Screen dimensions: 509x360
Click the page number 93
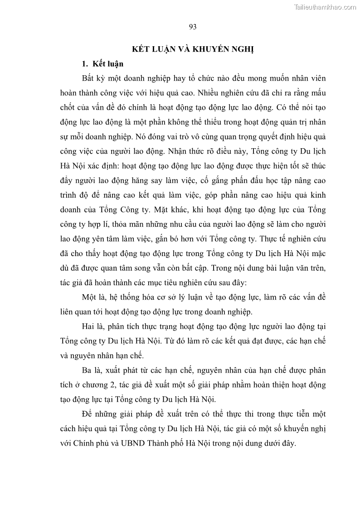point(192,27)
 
